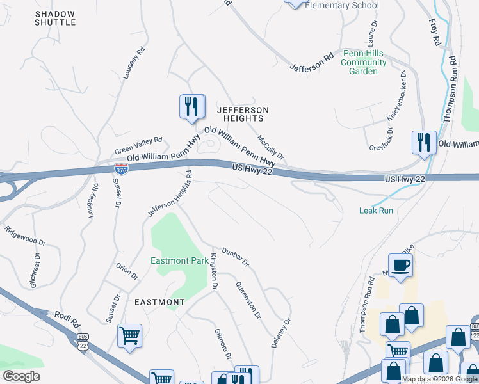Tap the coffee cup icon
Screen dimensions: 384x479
[400, 265]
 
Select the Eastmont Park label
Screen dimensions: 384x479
[179, 260]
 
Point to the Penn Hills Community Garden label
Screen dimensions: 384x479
[364, 62]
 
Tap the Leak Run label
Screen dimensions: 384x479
[376, 210]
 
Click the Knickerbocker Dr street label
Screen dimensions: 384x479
[396, 96]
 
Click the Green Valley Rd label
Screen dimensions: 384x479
[138, 145]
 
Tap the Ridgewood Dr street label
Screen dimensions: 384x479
[25, 235]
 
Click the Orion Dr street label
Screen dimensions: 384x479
[127, 271]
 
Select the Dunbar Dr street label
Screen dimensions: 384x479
[235, 257]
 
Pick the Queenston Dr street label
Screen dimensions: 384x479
[248, 300]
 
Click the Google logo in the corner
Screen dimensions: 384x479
[21, 376]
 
